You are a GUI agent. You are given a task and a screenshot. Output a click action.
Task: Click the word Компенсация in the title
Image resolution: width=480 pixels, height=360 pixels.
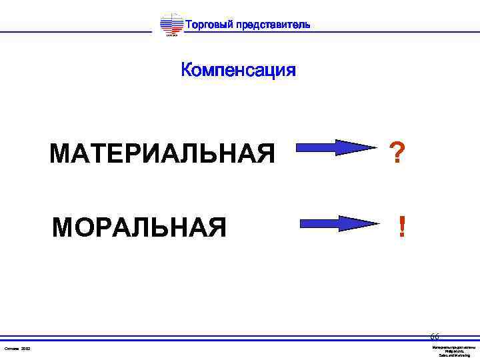(238, 70)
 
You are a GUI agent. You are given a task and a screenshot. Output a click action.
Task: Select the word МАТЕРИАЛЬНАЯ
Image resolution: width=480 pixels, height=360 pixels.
(162, 154)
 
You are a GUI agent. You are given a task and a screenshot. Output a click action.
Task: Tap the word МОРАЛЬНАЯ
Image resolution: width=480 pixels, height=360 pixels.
(139, 227)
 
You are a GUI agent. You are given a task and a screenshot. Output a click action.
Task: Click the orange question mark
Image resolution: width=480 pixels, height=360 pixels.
(397, 154)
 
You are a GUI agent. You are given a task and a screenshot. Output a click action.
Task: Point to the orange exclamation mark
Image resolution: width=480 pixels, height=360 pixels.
(401, 227)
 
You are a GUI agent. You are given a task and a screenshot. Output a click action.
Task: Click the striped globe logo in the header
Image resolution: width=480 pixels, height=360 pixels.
(171, 25)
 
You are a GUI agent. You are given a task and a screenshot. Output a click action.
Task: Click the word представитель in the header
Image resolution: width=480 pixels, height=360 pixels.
(274, 25)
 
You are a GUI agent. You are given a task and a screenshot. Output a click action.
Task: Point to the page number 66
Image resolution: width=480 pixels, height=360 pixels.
(435, 337)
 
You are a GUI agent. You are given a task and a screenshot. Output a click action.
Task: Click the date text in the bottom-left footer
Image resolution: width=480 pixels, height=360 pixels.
(17, 349)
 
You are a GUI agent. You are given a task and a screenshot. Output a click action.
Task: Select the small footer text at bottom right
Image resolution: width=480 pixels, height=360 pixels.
(454, 351)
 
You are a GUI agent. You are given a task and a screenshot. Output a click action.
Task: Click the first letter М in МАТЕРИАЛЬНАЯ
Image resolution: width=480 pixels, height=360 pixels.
(60, 154)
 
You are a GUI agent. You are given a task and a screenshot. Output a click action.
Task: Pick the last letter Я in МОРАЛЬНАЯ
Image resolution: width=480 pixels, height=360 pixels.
(217, 227)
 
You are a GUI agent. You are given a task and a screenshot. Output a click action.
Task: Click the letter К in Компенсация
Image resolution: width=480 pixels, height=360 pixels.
(187, 70)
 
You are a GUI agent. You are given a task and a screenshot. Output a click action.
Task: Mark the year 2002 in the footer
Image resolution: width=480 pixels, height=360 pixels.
(25, 349)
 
